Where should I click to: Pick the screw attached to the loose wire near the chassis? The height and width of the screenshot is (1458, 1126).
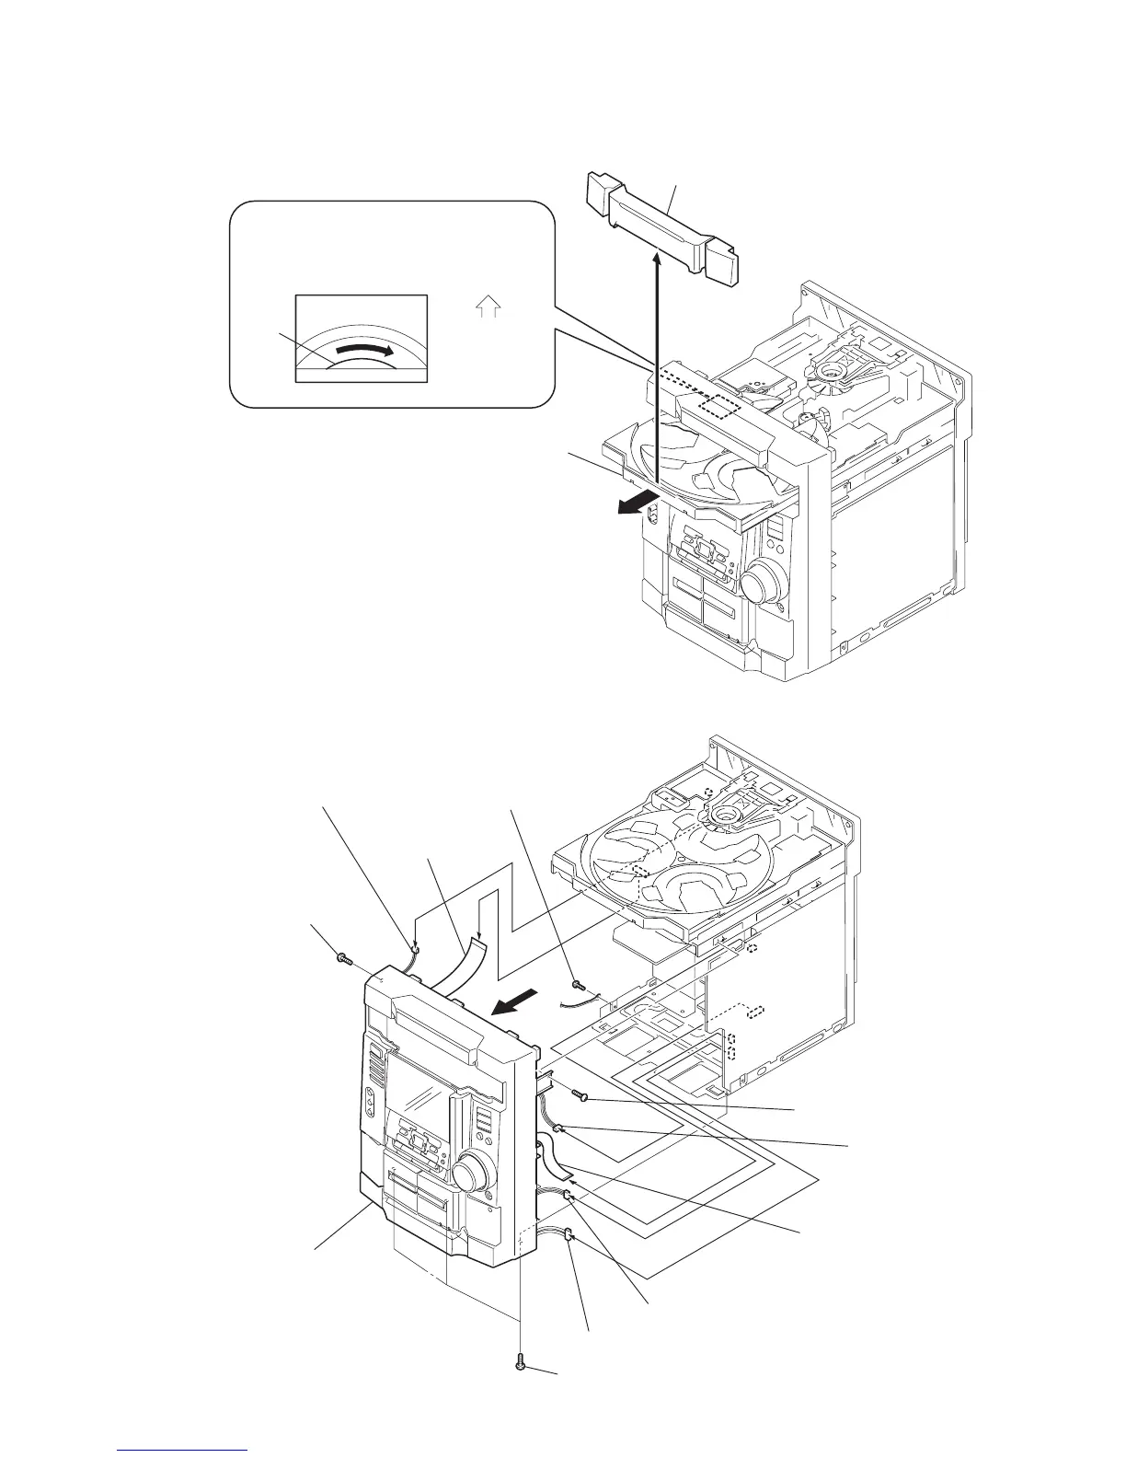click(x=577, y=986)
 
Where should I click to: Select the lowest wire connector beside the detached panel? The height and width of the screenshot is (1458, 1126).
click(x=569, y=1235)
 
